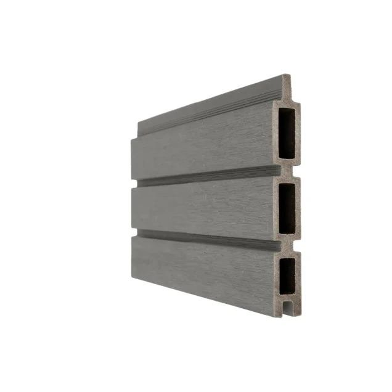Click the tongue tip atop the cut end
click(x=286, y=80)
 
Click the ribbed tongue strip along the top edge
click(x=210, y=108)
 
